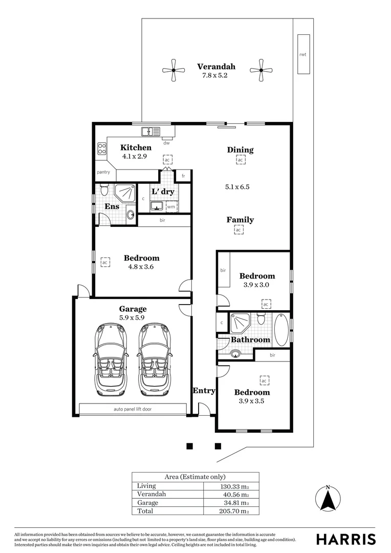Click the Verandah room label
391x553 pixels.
pyautogui.click(x=216, y=67)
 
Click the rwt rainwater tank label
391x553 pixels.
pyautogui.click(x=303, y=54)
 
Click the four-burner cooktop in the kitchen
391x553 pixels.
pyautogui.click(x=102, y=148)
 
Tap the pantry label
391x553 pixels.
pyautogui.click(x=103, y=173)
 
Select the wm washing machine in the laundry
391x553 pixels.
pyautogui.click(x=170, y=207)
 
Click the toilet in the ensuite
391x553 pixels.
pyautogui.click(x=104, y=190)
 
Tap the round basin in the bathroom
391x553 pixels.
pyautogui.click(x=235, y=353)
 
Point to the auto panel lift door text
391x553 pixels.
pyautogui.click(x=133, y=409)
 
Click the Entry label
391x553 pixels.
pyautogui.click(x=204, y=391)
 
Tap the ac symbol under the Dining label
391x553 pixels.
pyautogui.click(x=240, y=160)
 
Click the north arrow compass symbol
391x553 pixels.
pyautogui.click(x=328, y=498)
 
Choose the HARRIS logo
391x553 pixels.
pyautogui.click(x=345, y=539)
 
